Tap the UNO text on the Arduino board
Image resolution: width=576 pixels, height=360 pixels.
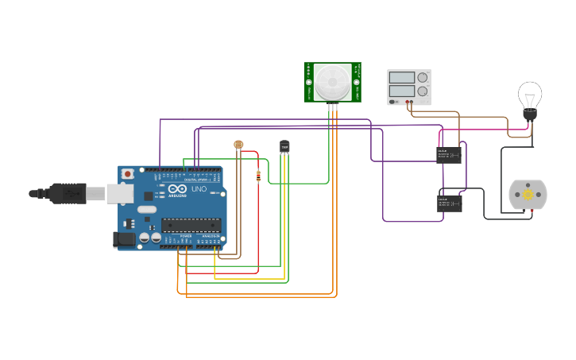point(199,189)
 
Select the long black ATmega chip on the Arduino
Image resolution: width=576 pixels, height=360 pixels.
point(191,225)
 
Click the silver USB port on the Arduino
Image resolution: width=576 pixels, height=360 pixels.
point(120,192)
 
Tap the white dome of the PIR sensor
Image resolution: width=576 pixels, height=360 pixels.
point(332,80)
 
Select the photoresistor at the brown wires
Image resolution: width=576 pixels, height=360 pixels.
point(238,145)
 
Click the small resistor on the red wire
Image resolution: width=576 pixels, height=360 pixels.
point(258,176)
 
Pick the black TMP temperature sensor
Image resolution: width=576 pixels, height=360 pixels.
point(284,146)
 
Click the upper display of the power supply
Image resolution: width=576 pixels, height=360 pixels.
point(402,78)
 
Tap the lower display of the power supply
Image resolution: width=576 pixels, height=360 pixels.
point(402,93)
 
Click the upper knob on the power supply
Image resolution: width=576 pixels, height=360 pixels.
point(423,78)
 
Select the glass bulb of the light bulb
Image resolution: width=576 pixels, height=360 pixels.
point(530,95)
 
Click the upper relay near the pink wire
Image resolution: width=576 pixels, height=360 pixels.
point(449,155)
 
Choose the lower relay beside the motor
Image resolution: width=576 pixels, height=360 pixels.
point(449,203)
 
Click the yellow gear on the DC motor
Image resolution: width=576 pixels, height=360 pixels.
point(528,195)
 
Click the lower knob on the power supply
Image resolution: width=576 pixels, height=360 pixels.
point(423,93)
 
